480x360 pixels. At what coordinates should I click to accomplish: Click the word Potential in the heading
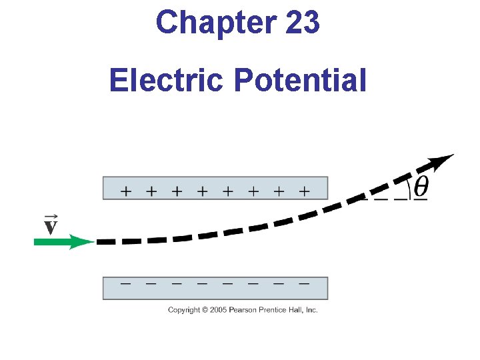(x=300, y=81)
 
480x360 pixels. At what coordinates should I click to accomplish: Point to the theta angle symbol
(x=421, y=187)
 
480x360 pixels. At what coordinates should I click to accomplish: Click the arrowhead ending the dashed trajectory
(x=441, y=161)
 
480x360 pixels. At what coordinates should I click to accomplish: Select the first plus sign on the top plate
(x=125, y=191)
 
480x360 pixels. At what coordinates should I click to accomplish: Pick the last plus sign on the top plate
(x=304, y=191)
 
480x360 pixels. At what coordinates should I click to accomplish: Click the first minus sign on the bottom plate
(x=125, y=283)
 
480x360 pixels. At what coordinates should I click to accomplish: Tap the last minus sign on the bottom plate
(x=304, y=283)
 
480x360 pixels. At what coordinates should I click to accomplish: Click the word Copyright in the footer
(x=184, y=310)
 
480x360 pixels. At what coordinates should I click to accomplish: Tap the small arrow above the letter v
(x=50, y=217)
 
